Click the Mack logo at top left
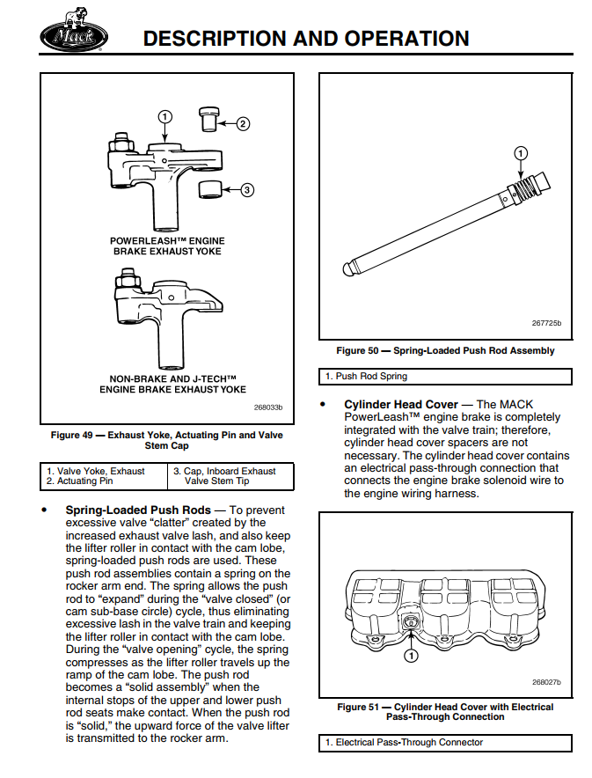click(x=73, y=35)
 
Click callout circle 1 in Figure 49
click(x=164, y=116)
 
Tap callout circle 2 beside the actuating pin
click(x=244, y=124)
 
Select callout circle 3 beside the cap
click(x=247, y=189)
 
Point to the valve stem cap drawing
click(x=209, y=189)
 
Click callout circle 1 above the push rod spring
click(x=520, y=154)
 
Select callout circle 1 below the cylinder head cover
click(x=411, y=655)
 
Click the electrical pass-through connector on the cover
click(x=411, y=623)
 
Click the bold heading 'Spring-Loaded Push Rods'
click(x=138, y=510)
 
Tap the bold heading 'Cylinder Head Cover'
click(x=401, y=405)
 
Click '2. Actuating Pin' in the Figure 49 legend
click(x=80, y=481)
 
